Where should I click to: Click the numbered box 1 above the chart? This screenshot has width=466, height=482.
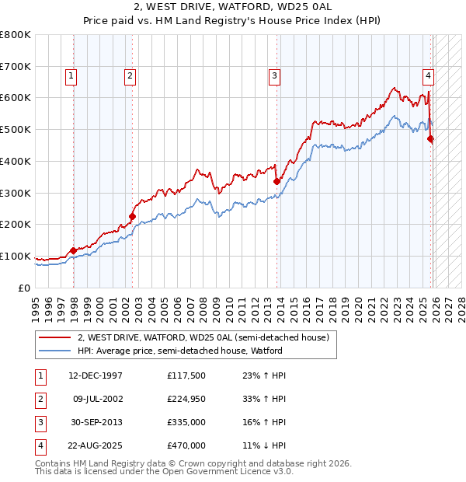click(71, 76)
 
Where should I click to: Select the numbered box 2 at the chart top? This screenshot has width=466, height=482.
click(129, 76)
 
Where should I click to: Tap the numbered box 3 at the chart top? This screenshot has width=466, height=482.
click(274, 76)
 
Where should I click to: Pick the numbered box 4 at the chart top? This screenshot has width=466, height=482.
click(428, 76)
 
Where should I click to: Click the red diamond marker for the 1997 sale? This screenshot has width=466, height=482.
click(74, 250)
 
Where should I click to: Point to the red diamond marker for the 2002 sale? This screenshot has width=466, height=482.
click(132, 216)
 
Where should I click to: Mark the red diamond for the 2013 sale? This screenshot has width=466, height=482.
click(276, 181)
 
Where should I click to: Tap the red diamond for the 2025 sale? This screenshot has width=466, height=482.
click(431, 138)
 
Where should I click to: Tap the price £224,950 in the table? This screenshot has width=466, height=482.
click(186, 399)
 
